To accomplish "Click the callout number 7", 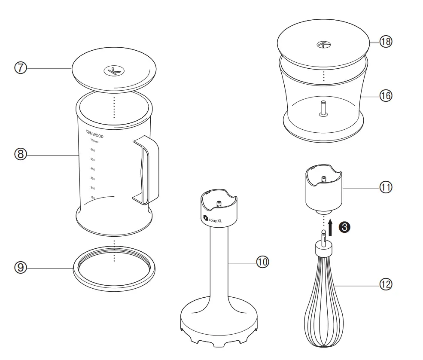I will (x=21, y=68).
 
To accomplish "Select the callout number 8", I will (x=21, y=154).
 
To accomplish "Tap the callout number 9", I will (x=21, y=268).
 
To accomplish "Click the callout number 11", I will (x=385, y=187).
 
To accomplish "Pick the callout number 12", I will (x=385, y=284).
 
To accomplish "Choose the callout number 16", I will (x=385, y=96).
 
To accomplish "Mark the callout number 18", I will (x=385, y=42).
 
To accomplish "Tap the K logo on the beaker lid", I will (x=113, y=71).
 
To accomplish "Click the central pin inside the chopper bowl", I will (x=323, y=107).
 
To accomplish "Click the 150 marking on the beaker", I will (x=92, y=198).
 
